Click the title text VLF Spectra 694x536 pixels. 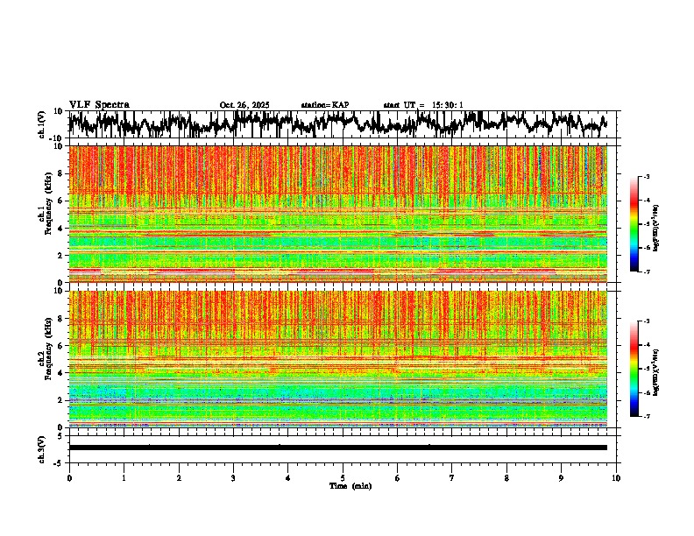tap(99, 104)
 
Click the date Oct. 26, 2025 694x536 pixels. tap(244, 105)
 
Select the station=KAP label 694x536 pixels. tap(325, 105)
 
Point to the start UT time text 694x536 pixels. tap(423, 105)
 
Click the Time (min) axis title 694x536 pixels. tap(343, 486)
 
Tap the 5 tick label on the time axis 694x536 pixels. tap(343, 478)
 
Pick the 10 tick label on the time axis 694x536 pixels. tap(616, 478)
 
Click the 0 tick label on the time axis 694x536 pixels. tap(69, 478)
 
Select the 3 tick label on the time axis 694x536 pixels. tap(233, 478)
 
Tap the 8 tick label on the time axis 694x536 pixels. tap(506, 478)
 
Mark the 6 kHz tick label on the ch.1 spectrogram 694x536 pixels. tap(61, 201)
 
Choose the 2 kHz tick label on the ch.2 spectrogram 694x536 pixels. tap(61, 400)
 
